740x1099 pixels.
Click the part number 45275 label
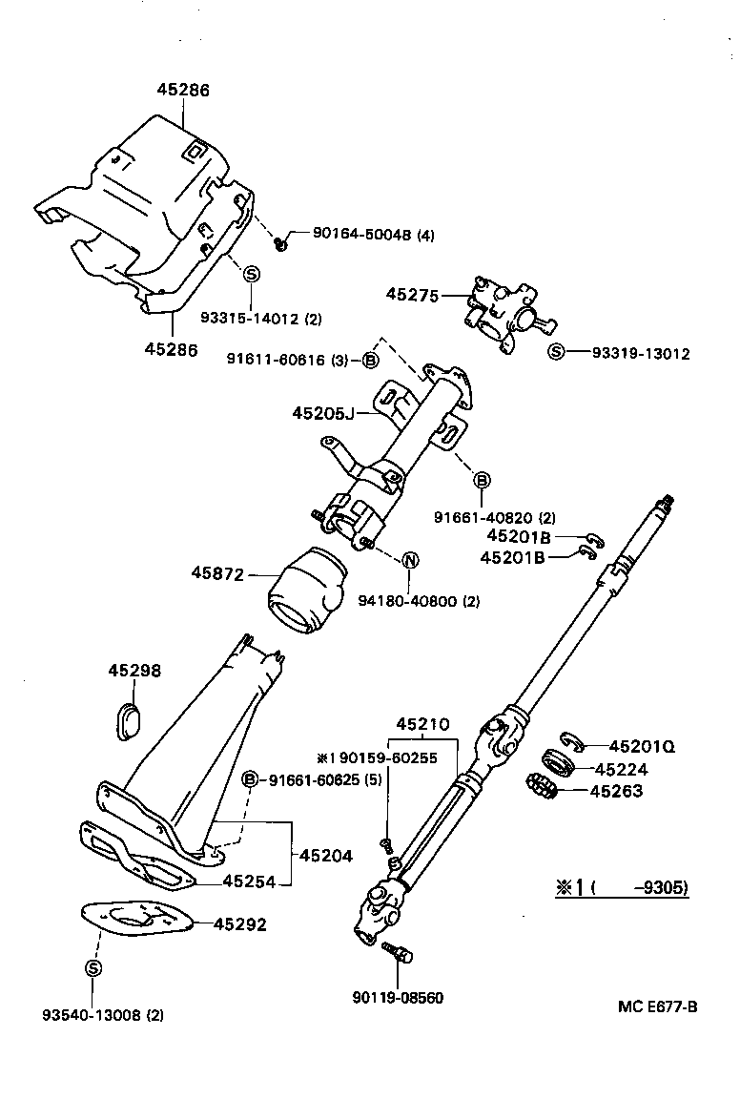(412, 296)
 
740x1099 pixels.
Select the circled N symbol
(408, 560)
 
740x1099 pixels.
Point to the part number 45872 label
(216, 573)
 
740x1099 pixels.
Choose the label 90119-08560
(398, 998)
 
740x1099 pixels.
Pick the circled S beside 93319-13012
(557, 353)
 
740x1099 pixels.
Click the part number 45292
(239, 923)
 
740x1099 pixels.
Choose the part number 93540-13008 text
(102, 1015)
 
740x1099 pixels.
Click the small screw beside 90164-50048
(281, 245)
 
